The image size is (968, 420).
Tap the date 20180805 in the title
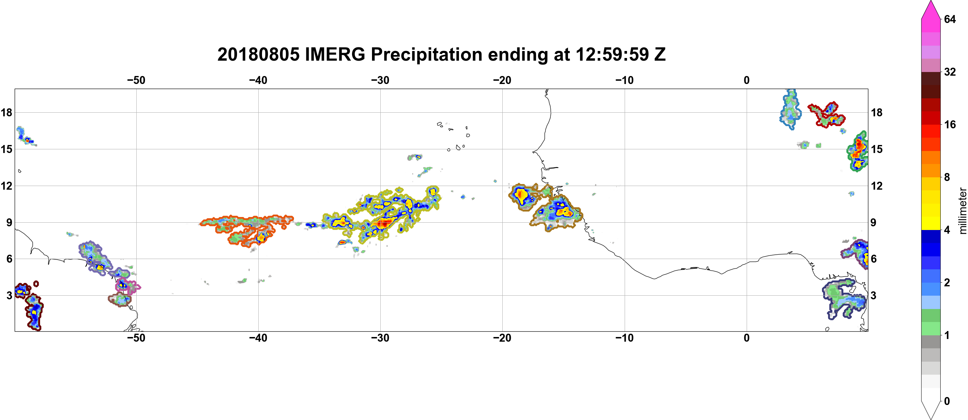click(259, 54)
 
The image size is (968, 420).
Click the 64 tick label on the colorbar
click(950, 19)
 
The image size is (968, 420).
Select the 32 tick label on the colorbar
click(950, 72)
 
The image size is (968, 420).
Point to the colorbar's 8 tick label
click(947, 177)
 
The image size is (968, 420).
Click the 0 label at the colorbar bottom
click(947, 401)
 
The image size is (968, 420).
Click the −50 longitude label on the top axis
click(136, 80)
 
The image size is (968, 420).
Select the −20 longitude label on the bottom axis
click(502, 338)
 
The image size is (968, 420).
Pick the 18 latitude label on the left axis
click(6, 112)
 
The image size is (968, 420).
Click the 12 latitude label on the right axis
click(877, 186)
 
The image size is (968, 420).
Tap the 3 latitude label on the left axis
click(9, 295)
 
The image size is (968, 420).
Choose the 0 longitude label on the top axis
click(747, 80)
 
